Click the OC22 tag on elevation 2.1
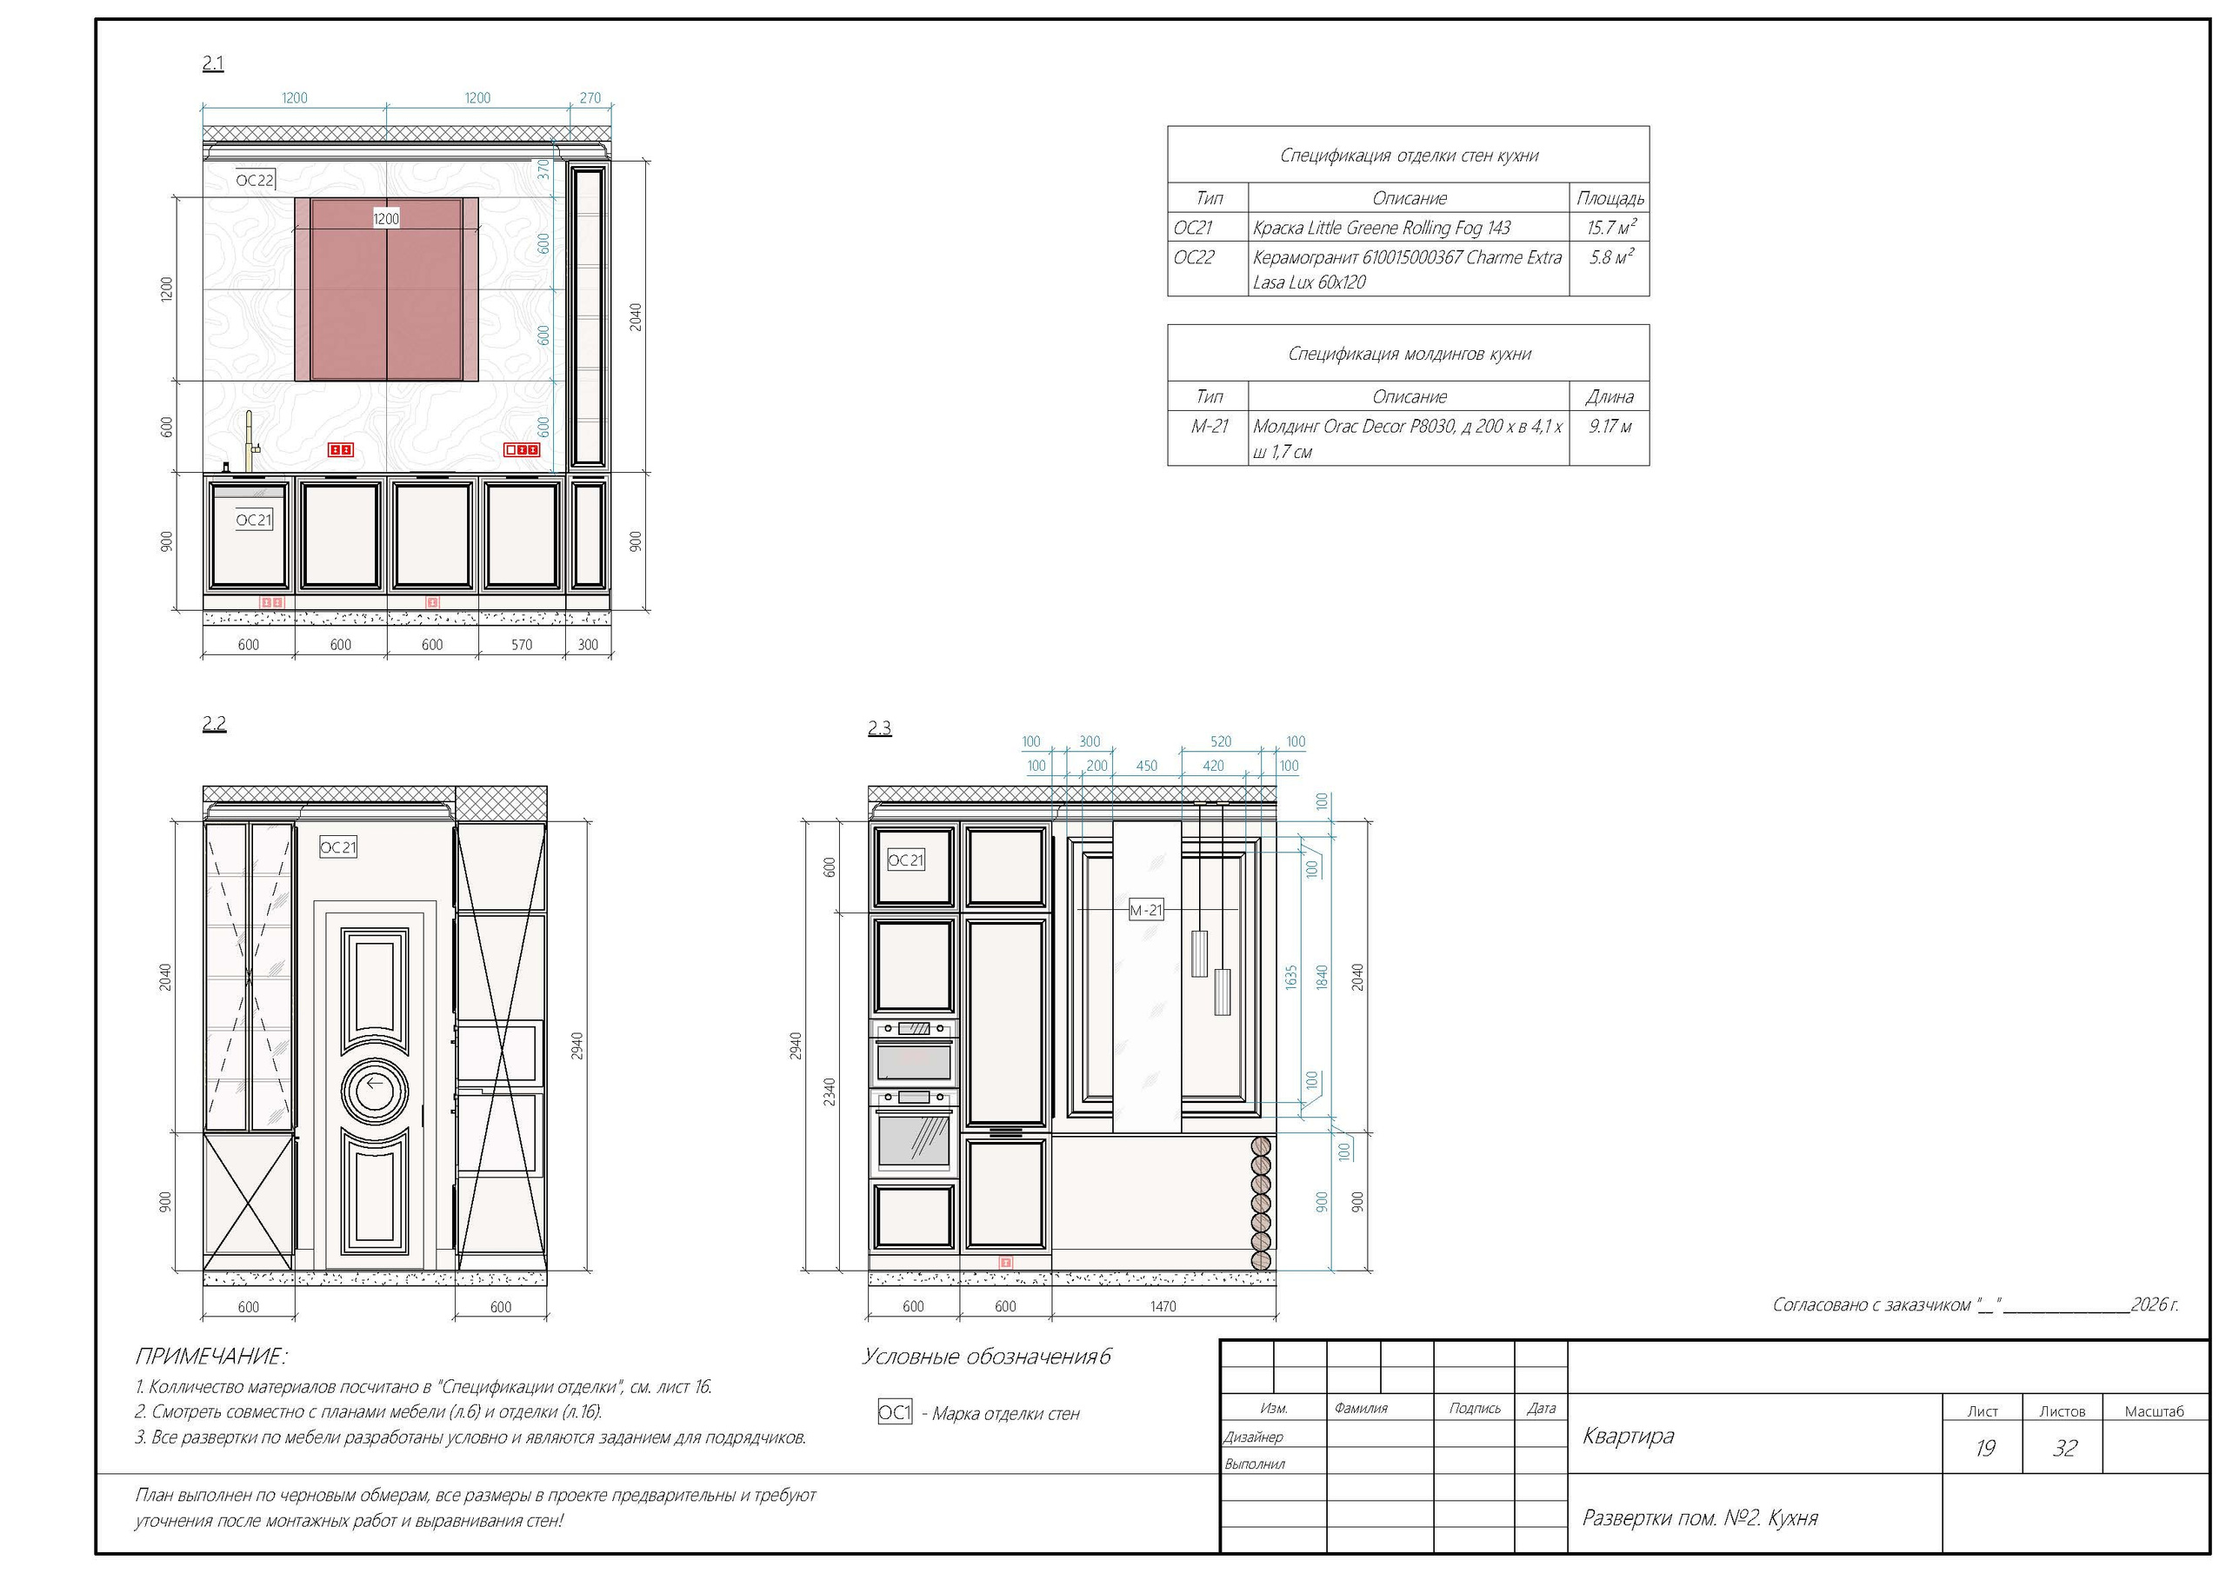[x=255, y=179]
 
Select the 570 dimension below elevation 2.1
[x=522, y=645]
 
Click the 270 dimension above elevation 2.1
[x=590, y=98]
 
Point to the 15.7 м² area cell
[x=1610, y=228]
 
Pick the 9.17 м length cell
[x=1610, y=427]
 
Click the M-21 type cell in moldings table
[x=1210, y=427]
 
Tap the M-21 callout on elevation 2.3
[x=1146, y=910]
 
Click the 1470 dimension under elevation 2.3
[x=1163, y=1306]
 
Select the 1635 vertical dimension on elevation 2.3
[x=1291, y=977]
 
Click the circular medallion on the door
[x=375, y=1090]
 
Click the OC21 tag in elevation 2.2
[x=338, y=847]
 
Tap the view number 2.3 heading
[x=879, y=728]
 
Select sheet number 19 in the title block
[x=1984, y=1448]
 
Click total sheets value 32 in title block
[x=2065, y=1448]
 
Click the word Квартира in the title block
[x=1629, y=1436]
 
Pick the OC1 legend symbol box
[x=895, y=1412]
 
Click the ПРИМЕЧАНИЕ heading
[x=210, y=1356]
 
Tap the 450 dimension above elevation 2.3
[x=1147, y=766]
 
